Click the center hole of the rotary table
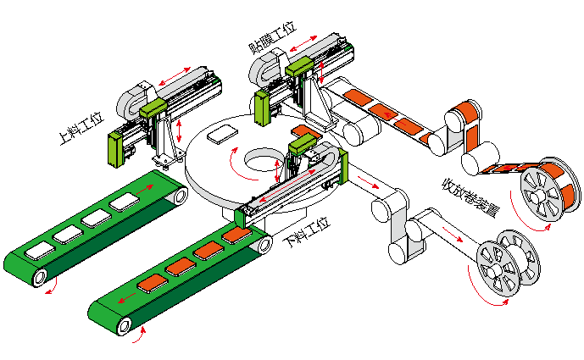pos(259,160)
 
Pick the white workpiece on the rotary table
pos(223,133)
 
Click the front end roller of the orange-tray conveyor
pos(125,323)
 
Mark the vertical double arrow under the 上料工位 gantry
pos(181,130)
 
